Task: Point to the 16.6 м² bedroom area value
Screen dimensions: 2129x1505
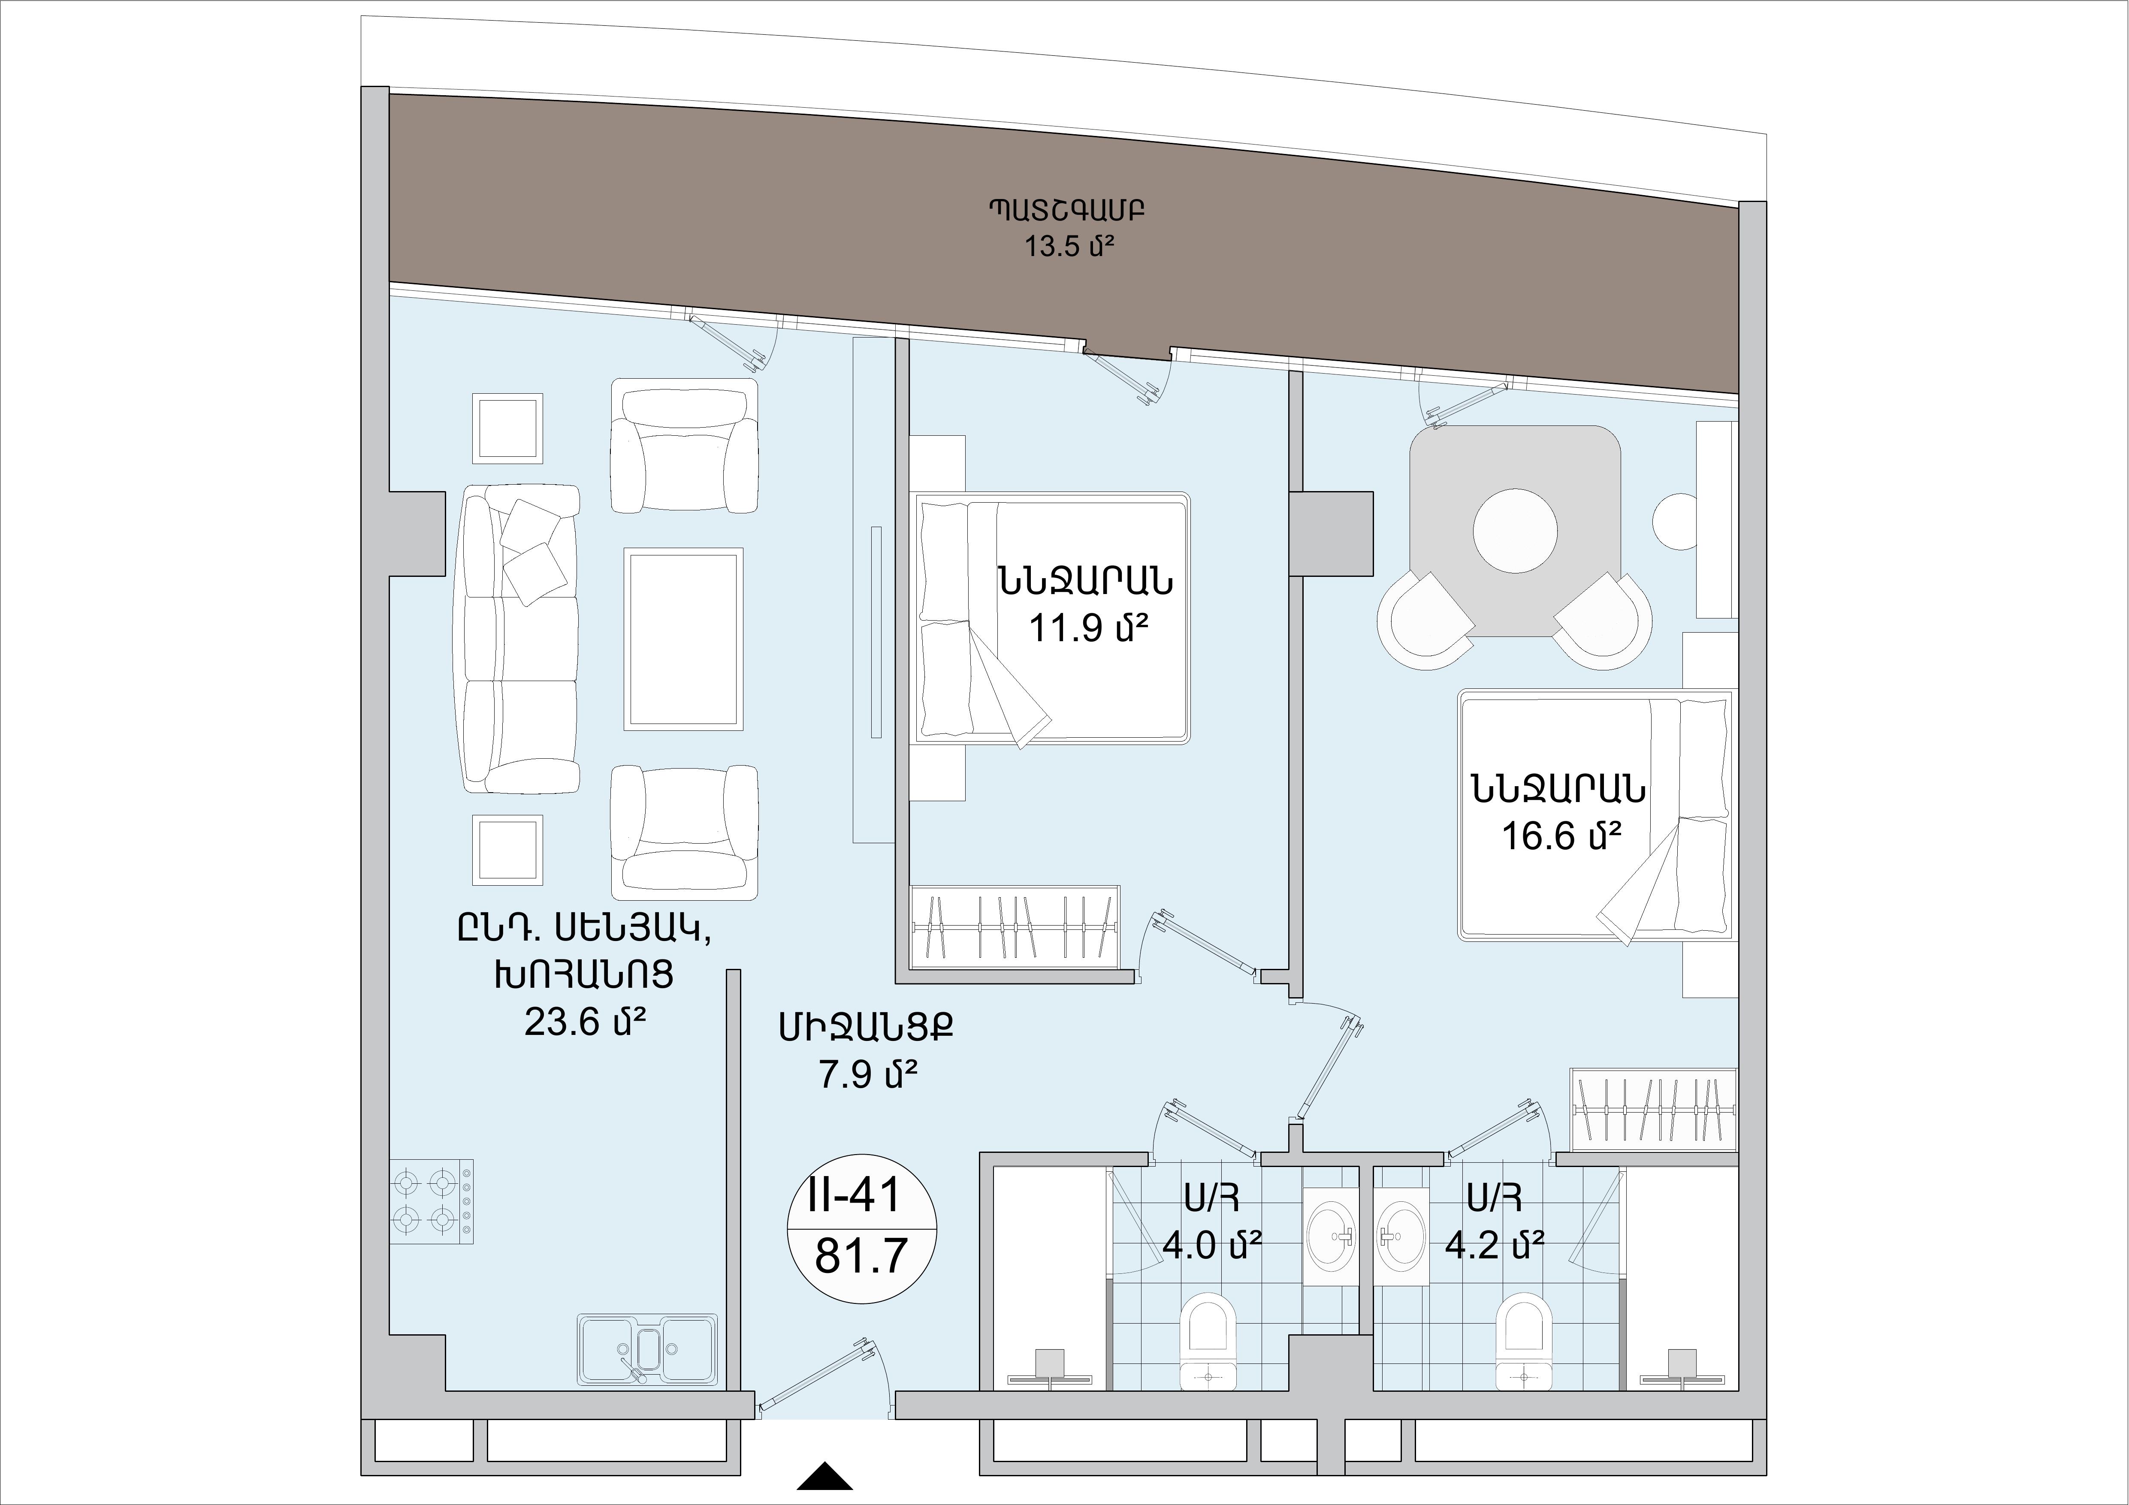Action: (x=1561, y=837)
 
